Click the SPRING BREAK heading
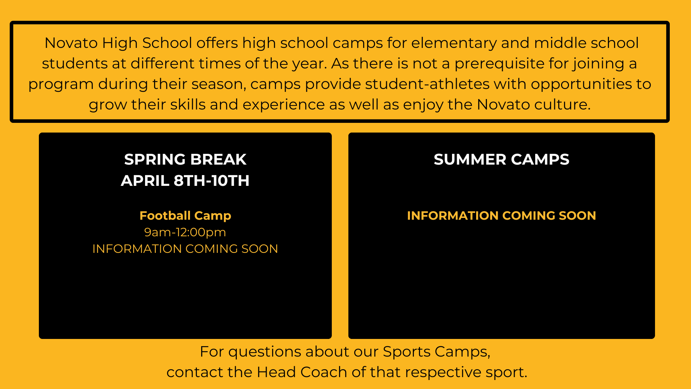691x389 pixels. [185, 159]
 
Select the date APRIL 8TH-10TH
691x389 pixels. [185, 180]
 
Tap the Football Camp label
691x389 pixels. [185, 215]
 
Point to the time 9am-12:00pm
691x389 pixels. [185, 232]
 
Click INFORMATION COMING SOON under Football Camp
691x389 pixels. [185, 249]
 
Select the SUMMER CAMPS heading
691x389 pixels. [502, 159]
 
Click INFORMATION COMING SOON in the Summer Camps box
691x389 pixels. [502, 215]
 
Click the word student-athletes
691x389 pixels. [427, 84]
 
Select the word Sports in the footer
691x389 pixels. [407, 352]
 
